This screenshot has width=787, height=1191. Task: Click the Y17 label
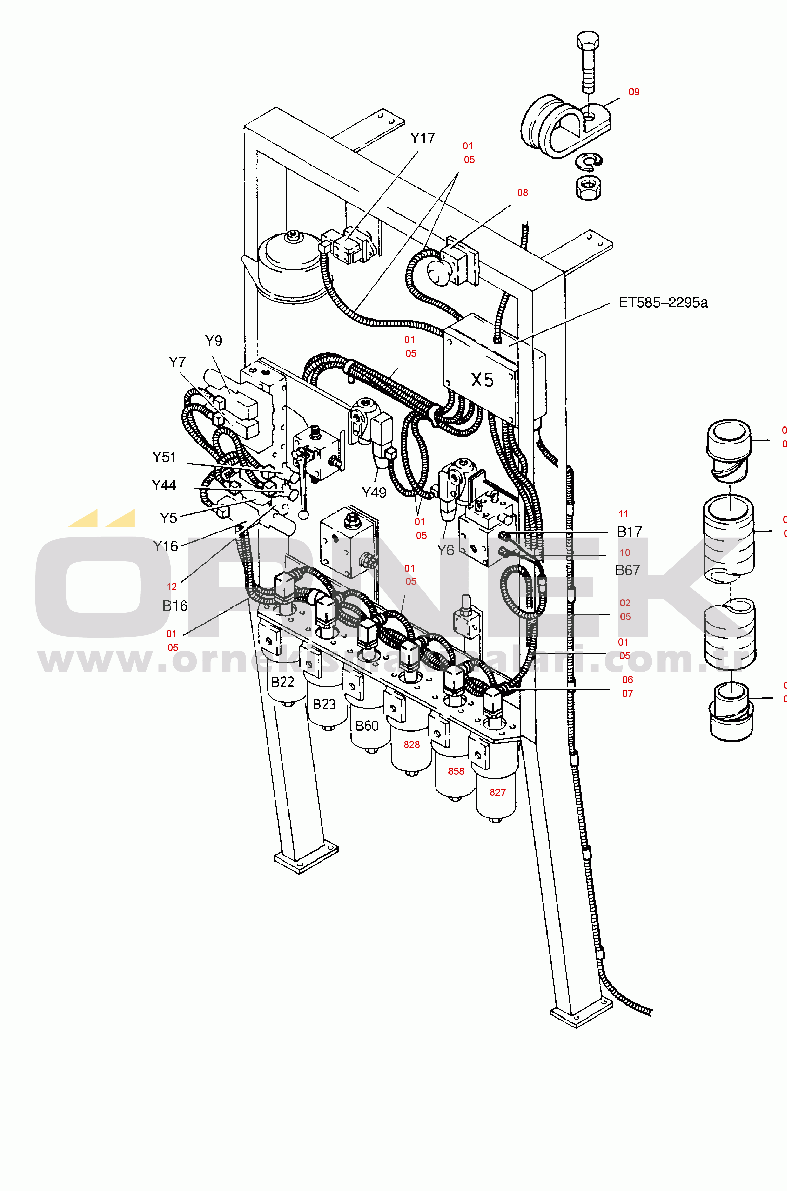pyautogui.click(x=422, y=138)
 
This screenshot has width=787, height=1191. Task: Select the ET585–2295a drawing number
pyautogui.click(x=663, y=302)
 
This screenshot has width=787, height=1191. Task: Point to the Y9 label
pyautogui.click(x=213, y=341)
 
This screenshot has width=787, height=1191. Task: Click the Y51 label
pyautogui.click(x=164, y=457)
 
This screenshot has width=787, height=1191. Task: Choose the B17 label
pyautogui.click(x=629, y=531)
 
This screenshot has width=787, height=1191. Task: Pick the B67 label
pyautogui.click(x=627, y=570)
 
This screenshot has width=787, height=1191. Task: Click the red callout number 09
pyautogui.click(x=634, y=92)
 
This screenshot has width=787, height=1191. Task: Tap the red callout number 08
pyautogui.click(x=522, y=193)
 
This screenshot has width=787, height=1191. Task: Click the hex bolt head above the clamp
pyautogui.click(x=588, y=40)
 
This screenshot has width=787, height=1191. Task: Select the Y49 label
pyautogui.click(x=374, y=493)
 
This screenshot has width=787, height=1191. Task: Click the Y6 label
pyautogui.click(x=445, y=550)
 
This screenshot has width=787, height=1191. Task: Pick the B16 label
pyautogui.click(x=175, y=606)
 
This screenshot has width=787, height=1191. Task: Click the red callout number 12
pyautogui.click(x=172, y=587)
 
